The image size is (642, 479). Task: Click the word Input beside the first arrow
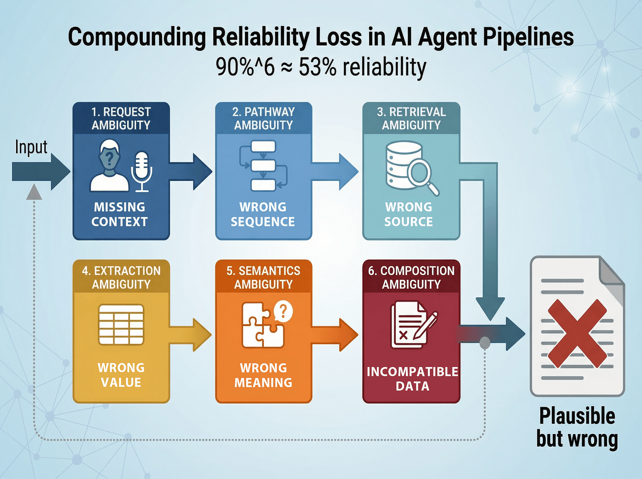(31, 148)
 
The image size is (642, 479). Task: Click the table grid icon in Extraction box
(121, 324)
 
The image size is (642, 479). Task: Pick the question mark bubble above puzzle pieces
(283, 311)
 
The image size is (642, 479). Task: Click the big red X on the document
(577, 333)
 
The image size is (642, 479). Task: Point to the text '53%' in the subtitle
(317, 67)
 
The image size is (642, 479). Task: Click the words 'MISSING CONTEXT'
(119, 214)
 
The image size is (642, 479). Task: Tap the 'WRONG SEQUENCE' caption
(263, 214)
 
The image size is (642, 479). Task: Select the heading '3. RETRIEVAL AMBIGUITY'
(411, 118)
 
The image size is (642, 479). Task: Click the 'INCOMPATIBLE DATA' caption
(412, 379)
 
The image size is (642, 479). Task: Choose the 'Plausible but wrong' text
(577, 427)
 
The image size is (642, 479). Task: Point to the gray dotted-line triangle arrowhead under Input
(34, 192)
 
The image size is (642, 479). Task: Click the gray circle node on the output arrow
(484, 343)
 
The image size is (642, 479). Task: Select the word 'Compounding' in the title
(137, 37)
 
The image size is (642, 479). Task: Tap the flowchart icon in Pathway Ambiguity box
(263, 166)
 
